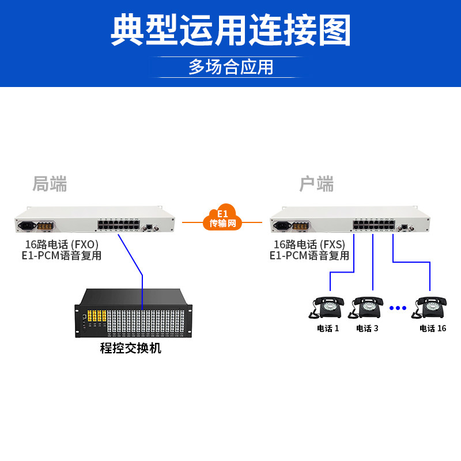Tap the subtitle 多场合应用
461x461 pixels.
pos(231,67)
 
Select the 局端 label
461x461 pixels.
pos(50,184)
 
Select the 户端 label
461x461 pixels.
pos(316,184)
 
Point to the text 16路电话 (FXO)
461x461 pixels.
pos(61,244)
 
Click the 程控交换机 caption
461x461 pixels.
pos(131,348)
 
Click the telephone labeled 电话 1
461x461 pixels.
pos(328,307)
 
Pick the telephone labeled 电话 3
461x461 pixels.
pos(368,307)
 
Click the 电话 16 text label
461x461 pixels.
pos(433,328)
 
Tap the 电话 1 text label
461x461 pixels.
pos(328,328)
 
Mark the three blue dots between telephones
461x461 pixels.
pos(398,308)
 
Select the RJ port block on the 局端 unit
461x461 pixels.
pos(118,225)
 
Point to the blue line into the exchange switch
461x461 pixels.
pos(142,288)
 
